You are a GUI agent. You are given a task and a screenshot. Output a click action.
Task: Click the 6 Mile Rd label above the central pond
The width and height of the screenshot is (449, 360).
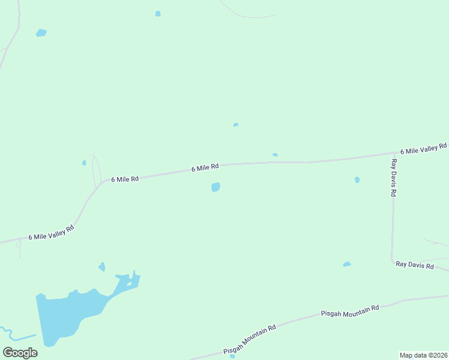click(x=205, y=167)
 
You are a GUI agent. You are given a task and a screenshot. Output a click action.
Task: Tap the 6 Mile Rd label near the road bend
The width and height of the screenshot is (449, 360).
click(x=125, y=179)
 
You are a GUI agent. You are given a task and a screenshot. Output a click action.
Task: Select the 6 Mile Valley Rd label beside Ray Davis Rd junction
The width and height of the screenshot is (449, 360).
click(x=424, y=149)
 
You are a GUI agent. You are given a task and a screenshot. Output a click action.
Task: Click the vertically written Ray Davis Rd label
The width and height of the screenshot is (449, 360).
click(x=394, y=178)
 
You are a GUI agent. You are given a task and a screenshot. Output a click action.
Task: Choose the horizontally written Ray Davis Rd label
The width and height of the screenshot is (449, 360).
click(x=415, y=264)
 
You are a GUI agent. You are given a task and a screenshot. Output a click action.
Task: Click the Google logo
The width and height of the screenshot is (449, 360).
click(x=20, y=353)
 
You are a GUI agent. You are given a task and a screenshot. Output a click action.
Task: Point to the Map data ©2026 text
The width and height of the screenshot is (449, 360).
click(x=424, y=355)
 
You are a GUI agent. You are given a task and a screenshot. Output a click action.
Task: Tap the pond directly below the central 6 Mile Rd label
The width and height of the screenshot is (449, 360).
click(x=215, y=187)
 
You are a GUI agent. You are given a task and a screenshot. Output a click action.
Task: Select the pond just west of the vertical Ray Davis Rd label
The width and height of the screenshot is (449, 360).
click(x=357, y=179)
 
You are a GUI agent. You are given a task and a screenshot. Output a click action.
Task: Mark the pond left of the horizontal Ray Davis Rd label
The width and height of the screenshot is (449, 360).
click(x=347, y=264)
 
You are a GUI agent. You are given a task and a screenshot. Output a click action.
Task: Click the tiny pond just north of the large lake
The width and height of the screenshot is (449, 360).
click(x=102, y=266)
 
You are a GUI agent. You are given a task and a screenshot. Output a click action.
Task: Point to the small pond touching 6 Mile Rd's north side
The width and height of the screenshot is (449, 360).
click(x=275, y=155)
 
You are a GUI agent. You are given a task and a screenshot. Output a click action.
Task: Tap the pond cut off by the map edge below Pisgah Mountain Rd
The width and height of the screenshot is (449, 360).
click(x=232, y=356)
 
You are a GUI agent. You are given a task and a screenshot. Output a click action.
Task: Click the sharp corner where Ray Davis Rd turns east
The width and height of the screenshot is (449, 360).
click(x=393, y=262)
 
